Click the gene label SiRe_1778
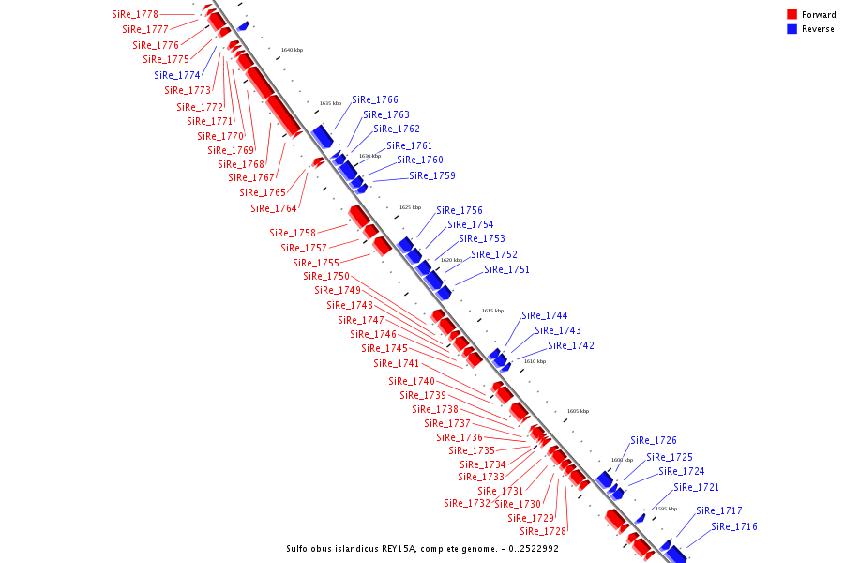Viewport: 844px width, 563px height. click(x=135, y=15)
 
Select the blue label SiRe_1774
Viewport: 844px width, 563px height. click(x=177, y=75)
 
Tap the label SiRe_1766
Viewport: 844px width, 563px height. click(x=375, y=99)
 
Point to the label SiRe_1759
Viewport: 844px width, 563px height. click(x=432, y=175)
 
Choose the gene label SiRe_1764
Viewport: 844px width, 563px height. click(x=274, y=208)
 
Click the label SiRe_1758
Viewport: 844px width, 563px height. click(x=293, y=233)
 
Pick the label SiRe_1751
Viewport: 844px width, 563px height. click(x=506, y=269)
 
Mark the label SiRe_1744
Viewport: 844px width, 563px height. click(x=545, y=315)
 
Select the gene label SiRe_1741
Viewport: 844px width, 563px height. click(x=397, y=363)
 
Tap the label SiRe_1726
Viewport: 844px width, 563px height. click(x=654, y=440)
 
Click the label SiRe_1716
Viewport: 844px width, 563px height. click(x=734, y=526)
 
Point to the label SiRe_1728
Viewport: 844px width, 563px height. click(x=543, y=531)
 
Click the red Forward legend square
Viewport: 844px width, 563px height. click(x=792, y=15)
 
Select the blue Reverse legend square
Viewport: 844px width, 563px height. click(x=792, y=29)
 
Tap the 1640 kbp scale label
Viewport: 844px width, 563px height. click(x=292, y=50)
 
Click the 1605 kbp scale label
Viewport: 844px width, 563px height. click(x=578, y=411)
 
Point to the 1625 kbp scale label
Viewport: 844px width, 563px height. click(x=410, y=207)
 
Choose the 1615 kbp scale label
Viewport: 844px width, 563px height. click(x=492, y=311)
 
